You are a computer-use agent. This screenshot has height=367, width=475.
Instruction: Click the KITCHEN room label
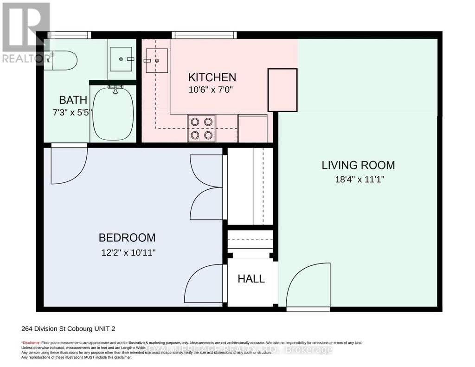[x=212, y=77]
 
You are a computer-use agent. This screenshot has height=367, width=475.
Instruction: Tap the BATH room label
[x=73, y=100]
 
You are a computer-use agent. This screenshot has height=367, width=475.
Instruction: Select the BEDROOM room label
[x=127, y=238]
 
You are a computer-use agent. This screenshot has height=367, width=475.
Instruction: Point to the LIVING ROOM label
[x=358, y=165]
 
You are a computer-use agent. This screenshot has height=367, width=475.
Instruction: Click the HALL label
[x=251, y=279]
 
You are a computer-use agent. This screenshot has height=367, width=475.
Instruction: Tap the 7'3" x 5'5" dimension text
[x=73, y=112]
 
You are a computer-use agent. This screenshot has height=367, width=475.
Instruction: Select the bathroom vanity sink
[x=122, y=59]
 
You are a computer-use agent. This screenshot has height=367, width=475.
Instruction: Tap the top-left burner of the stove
[x=195, y=122]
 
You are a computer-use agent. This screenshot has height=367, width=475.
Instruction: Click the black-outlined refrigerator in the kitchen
[x=282, y=90]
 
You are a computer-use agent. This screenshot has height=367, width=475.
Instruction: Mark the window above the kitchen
[x=204, y=35]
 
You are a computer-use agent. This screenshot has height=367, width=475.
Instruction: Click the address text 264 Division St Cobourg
[x=68, y=329]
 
